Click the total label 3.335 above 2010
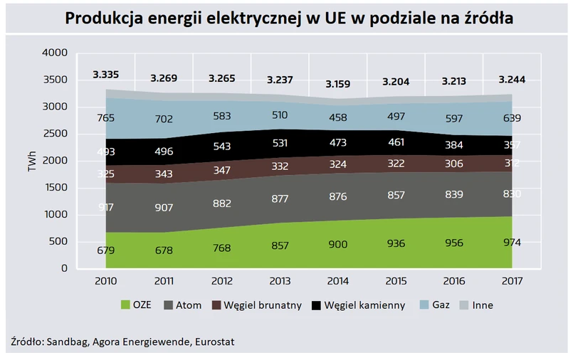point(106,74)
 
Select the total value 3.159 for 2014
point(338,84)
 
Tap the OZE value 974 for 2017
point(512,242)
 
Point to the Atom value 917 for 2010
point(106,206)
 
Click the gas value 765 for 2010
point(106,118)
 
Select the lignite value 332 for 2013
point(280,166)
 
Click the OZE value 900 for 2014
point(338,244)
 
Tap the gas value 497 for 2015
point(396,117)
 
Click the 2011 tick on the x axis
point(164,281)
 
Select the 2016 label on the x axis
point(454,281)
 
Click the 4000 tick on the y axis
point(55,53)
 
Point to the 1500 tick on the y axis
point(55,188)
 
